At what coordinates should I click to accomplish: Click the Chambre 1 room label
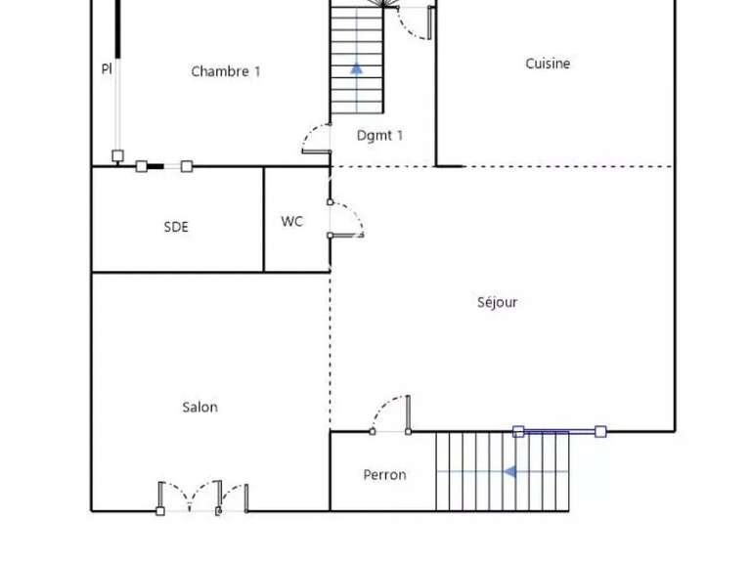225,71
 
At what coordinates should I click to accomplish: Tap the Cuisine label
548,64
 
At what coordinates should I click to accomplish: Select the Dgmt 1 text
379,136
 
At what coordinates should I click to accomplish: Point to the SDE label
176,227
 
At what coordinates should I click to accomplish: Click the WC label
291,221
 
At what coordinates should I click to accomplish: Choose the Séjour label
497,302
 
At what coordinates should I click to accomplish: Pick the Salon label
199,407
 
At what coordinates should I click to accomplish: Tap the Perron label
384,475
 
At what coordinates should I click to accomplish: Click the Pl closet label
107,68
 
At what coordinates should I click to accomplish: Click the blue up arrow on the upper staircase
357,68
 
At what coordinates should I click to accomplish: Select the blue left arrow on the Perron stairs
508,472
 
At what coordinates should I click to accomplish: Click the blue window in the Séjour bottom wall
559,431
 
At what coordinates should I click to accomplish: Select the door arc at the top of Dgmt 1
419,25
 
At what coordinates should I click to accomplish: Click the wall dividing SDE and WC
264,219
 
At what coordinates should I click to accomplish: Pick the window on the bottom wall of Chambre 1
164,166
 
